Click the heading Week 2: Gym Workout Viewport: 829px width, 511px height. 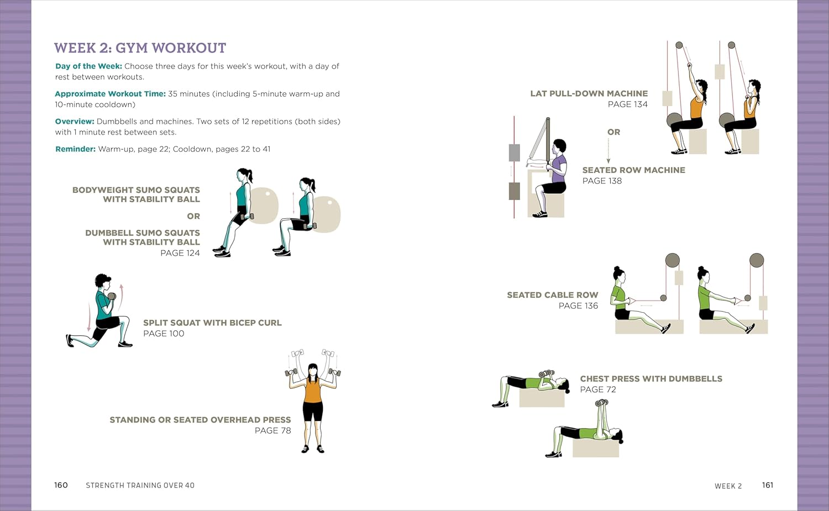tap(140, 48)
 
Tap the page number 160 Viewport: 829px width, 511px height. tap(61, 485)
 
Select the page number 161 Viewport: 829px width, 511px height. tap(767, 485)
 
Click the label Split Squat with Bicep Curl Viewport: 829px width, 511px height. tap(212, 323)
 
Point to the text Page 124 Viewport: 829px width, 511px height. tap(180, 253)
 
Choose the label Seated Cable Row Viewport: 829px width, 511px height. tap(552, 295)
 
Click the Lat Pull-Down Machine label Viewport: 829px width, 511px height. tap(589, 93)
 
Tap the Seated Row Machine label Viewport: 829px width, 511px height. tap(633, 170)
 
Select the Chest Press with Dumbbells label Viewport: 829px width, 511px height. tap(650, 378)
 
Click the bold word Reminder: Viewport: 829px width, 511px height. tap(75, 149)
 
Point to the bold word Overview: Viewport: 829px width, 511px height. tap(75, 122)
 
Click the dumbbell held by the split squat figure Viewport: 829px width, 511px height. tap(112, 296)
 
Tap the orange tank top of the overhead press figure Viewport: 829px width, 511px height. tap(312, 391)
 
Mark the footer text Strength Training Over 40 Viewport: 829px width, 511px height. tap(140, 486)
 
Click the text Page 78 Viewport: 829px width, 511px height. tap(272, 430)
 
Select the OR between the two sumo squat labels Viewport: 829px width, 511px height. tap(193, 216)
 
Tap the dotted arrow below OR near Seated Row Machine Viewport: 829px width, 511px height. tap(608, 150)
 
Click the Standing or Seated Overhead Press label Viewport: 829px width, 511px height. tap(200, 420)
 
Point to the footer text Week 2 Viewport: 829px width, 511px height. tap(728, 486)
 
